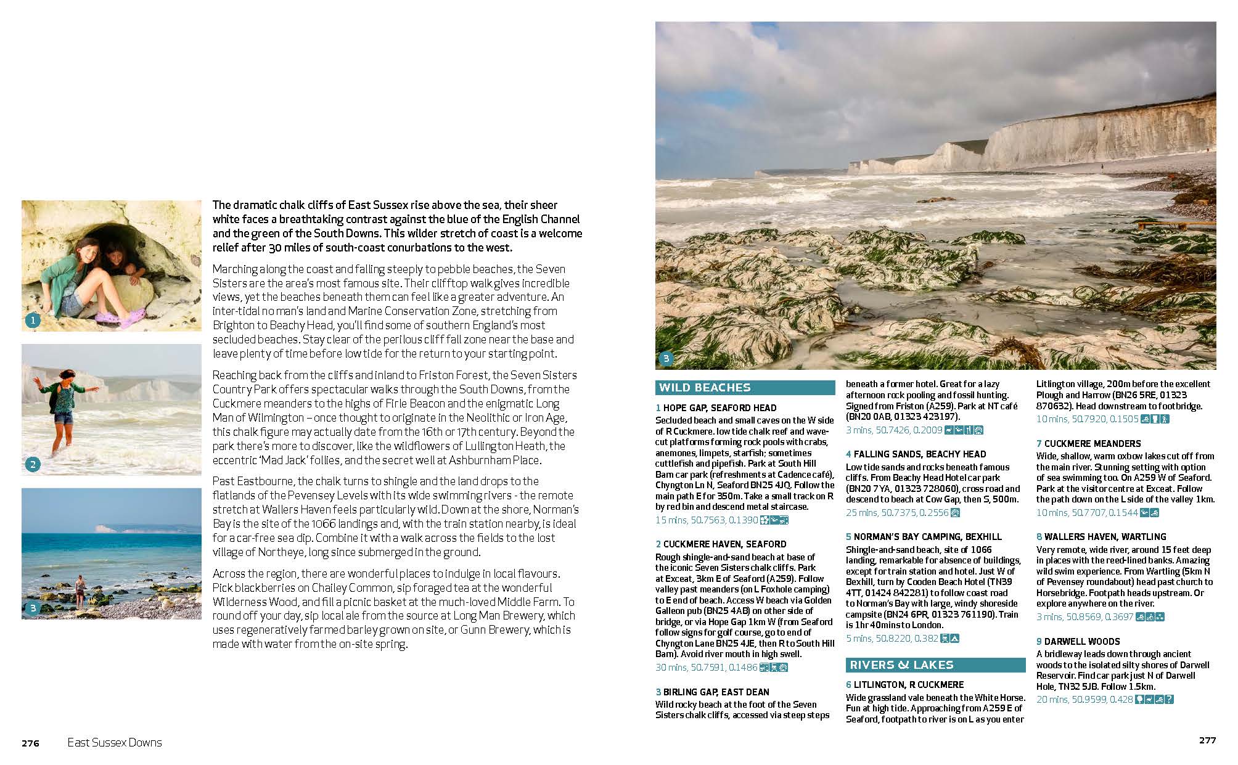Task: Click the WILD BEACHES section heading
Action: click(705, 388)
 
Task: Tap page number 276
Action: click(30, 743)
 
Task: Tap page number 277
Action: click(1207, 740)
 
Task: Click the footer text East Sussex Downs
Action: click(115, 743)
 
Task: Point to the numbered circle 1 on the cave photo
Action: click(33, 321)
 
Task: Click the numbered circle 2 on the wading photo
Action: click(33, 465)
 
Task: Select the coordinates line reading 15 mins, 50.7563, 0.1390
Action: click(707, 520)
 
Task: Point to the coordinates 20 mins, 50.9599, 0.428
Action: click(1084, 700)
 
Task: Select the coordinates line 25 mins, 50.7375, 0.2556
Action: click(897, 513)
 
